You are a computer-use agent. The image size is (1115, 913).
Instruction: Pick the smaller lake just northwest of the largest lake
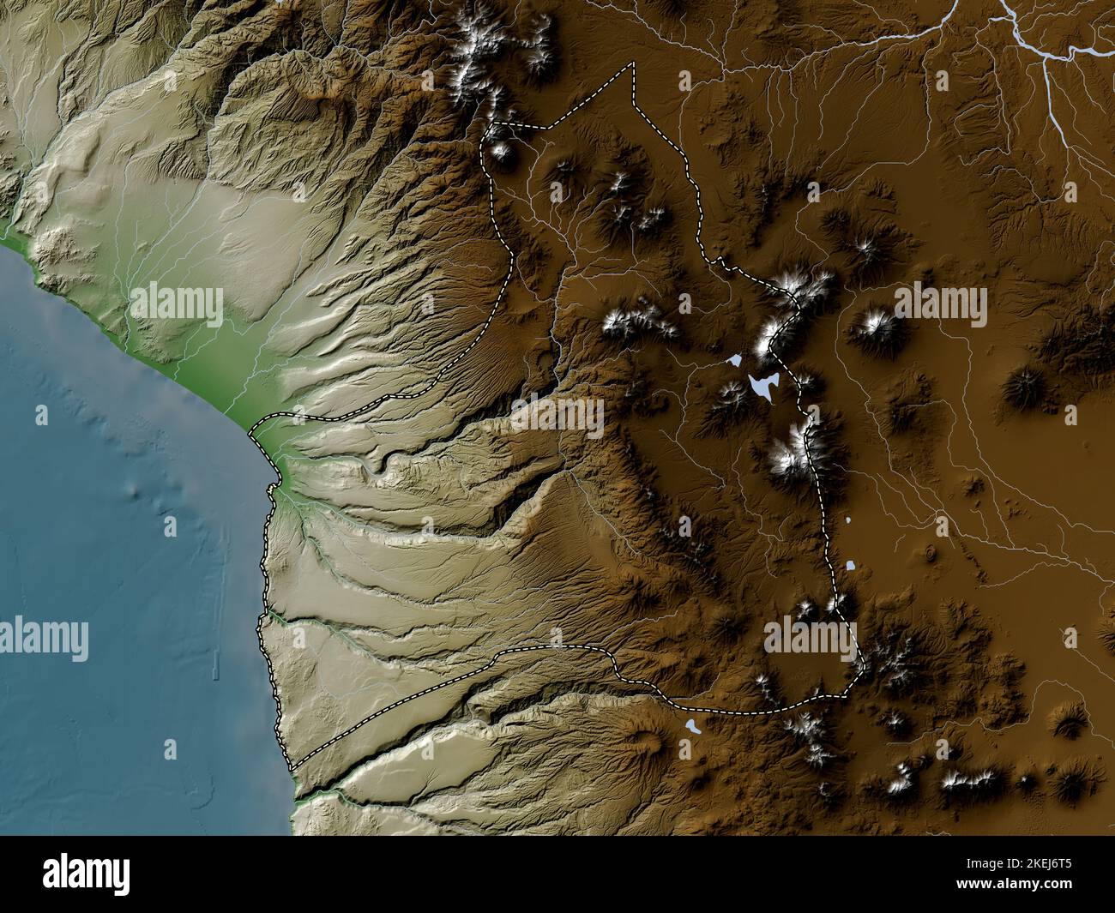(x=735, y=362)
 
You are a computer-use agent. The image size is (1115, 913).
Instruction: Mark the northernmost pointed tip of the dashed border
(x=634, y=64)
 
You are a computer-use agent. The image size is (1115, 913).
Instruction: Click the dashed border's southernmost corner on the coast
(x=292, y=768)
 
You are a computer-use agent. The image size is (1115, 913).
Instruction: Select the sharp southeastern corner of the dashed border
(x=860, y=663)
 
